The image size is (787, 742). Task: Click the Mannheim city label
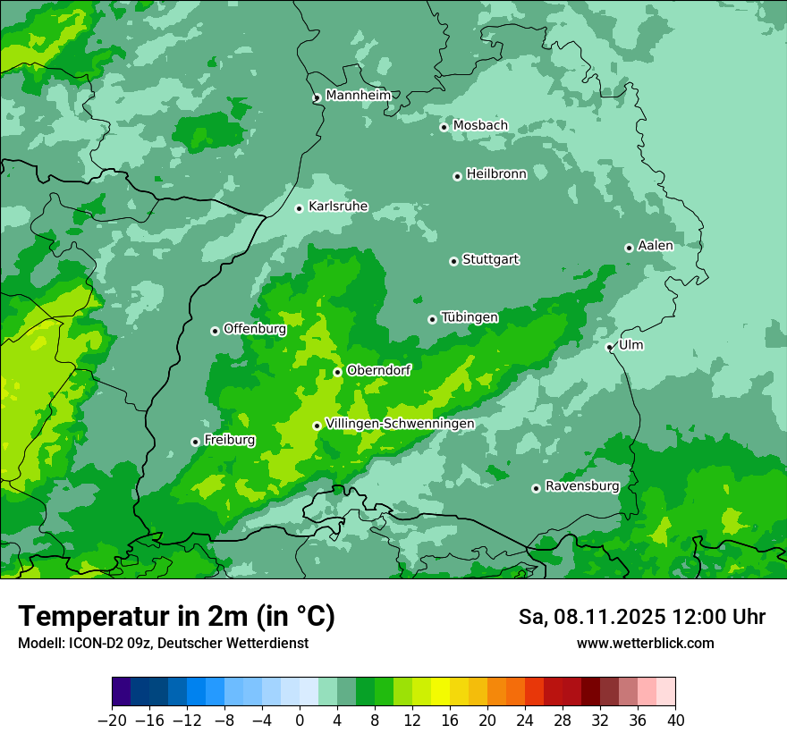359,96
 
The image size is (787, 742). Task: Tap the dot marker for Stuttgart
453,261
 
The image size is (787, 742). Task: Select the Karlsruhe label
338,207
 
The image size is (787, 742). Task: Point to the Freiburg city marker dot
195,442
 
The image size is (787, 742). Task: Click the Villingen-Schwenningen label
400,424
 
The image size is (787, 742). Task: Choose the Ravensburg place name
582,486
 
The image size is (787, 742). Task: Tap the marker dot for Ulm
609,347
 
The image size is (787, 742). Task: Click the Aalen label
656,246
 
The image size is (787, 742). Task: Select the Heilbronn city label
496,174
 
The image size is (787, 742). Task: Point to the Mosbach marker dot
444,127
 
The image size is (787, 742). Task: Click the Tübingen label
470,317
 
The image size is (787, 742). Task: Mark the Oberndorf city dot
337,372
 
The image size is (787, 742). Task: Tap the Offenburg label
255,329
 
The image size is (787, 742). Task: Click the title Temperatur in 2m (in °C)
176,617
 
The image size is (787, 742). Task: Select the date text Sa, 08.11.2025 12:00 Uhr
641,618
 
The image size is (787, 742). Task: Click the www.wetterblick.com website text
645,644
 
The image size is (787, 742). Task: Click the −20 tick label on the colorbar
112,721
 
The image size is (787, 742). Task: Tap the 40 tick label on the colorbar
675,721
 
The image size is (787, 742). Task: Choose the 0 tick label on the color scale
300,721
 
